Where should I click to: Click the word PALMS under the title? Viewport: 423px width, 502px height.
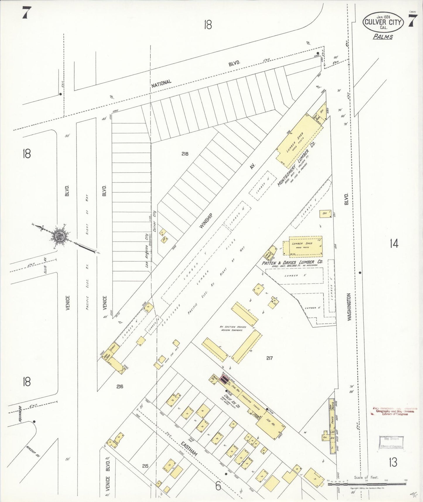[383, 37]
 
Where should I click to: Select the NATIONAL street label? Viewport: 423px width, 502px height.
[161, 83]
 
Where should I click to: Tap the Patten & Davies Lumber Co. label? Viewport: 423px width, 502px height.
[292, 262]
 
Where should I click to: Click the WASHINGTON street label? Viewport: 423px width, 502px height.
[349, 307]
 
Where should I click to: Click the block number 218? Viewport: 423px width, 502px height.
[185, 153]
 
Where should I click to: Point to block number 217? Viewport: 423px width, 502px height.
[269, 358]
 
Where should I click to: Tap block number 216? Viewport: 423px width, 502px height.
[119, 386]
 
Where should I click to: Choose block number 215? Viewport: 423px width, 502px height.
[145, 466]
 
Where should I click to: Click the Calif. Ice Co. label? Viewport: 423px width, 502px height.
[232, 401]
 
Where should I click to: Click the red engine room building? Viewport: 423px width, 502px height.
[224, 380]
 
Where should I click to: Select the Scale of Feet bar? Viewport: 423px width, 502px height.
[367, 485]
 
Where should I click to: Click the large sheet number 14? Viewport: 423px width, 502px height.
[394, 244]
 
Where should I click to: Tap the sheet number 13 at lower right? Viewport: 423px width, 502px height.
[393, 462]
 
